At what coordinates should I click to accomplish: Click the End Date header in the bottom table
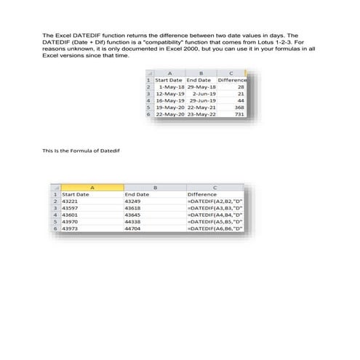tap(137, 195)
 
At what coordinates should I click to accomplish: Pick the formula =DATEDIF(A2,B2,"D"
tap(215, 201)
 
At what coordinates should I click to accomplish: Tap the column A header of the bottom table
tap(92, 188)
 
